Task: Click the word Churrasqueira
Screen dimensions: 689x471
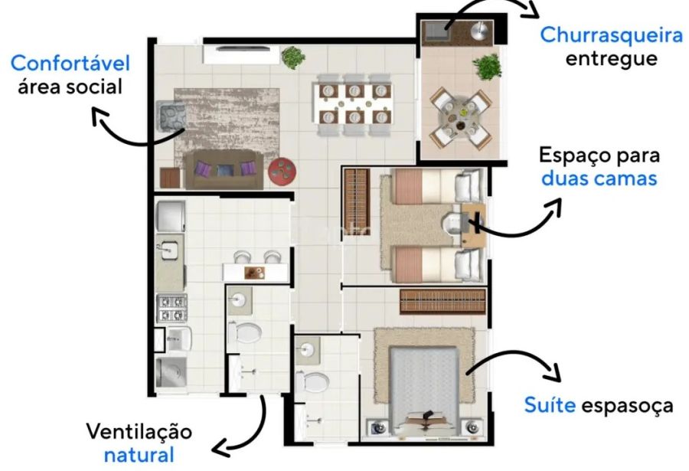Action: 611,35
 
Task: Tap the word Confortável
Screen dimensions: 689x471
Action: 70,64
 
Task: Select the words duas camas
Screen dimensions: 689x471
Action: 599,178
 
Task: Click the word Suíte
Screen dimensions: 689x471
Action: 550,404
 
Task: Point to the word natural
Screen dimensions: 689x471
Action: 139,455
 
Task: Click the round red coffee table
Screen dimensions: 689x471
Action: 282,172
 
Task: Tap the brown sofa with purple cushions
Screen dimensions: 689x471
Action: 224,170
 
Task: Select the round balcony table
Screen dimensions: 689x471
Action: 460,117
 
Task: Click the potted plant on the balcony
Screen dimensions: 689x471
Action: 488,67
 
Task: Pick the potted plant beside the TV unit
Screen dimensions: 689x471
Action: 293,57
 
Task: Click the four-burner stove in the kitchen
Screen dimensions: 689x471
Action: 172,308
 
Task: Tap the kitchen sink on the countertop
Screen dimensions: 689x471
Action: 168,250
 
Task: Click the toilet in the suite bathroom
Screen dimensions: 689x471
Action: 312,381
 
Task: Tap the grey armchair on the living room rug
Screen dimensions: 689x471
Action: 171,116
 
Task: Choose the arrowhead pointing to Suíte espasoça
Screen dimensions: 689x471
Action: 553,372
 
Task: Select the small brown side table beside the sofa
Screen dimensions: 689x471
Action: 170,178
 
